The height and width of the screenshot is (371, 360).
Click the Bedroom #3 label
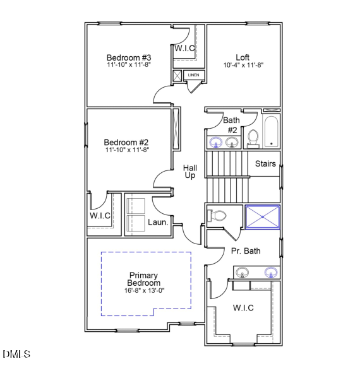coord(128,58)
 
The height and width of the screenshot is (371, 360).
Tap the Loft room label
coord(243,57)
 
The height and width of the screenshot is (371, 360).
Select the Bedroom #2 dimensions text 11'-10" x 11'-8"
coord(127,150)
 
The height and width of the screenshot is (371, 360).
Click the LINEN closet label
coord(193,76)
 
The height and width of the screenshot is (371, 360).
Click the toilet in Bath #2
coord(253,137)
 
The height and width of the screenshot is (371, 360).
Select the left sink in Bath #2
coord(215,142)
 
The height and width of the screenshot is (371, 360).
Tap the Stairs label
coord(265,164)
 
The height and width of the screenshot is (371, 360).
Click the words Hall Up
coord(189,172)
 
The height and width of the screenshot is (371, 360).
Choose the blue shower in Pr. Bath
coord(261,216)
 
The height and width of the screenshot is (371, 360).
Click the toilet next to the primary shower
coord(217,216)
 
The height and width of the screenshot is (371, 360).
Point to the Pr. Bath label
coord(246,251)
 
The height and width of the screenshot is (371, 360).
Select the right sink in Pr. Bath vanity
coord(270,273)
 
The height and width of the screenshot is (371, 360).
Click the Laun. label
coord(157,222)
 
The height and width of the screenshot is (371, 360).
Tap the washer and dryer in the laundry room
coord(136,215)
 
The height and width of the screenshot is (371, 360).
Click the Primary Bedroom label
coord(144,280)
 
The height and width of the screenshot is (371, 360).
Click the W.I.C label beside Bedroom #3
coord(184,48)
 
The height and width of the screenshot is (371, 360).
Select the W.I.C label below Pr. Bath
coord(243,308)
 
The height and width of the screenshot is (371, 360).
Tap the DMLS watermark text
coord(16,355)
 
